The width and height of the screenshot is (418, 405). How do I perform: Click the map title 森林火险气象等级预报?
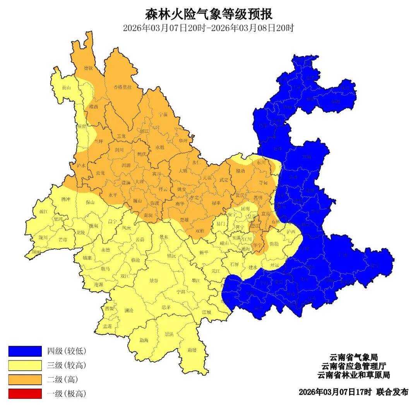[209, 14]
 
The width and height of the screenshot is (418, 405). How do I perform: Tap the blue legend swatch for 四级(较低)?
[25, 351]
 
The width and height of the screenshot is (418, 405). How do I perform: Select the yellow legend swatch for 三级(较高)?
[25, 365]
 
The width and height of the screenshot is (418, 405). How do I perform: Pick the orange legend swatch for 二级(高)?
[25, 379]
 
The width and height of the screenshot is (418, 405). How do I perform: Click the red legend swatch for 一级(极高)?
[25, 394]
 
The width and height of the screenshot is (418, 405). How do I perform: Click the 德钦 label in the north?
[89, 68]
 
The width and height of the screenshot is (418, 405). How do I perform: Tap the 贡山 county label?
[66, 87]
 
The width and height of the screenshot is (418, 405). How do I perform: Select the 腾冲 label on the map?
[66, 199]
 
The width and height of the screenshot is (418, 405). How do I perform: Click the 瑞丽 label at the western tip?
[36, 252]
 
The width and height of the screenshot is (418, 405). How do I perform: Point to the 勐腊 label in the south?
[192, 350]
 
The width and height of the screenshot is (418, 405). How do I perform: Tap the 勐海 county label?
[144, 340]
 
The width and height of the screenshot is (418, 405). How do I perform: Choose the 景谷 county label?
[154, 280]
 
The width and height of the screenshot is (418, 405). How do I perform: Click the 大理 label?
[139, 181]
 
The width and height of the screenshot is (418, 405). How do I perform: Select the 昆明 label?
[245, 208]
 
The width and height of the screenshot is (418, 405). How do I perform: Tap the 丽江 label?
[144, 131]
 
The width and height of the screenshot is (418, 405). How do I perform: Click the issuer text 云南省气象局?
[353, 357]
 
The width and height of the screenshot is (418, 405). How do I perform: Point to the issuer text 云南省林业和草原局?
[353, 375]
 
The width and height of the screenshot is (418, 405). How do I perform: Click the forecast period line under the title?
[209, 28]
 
